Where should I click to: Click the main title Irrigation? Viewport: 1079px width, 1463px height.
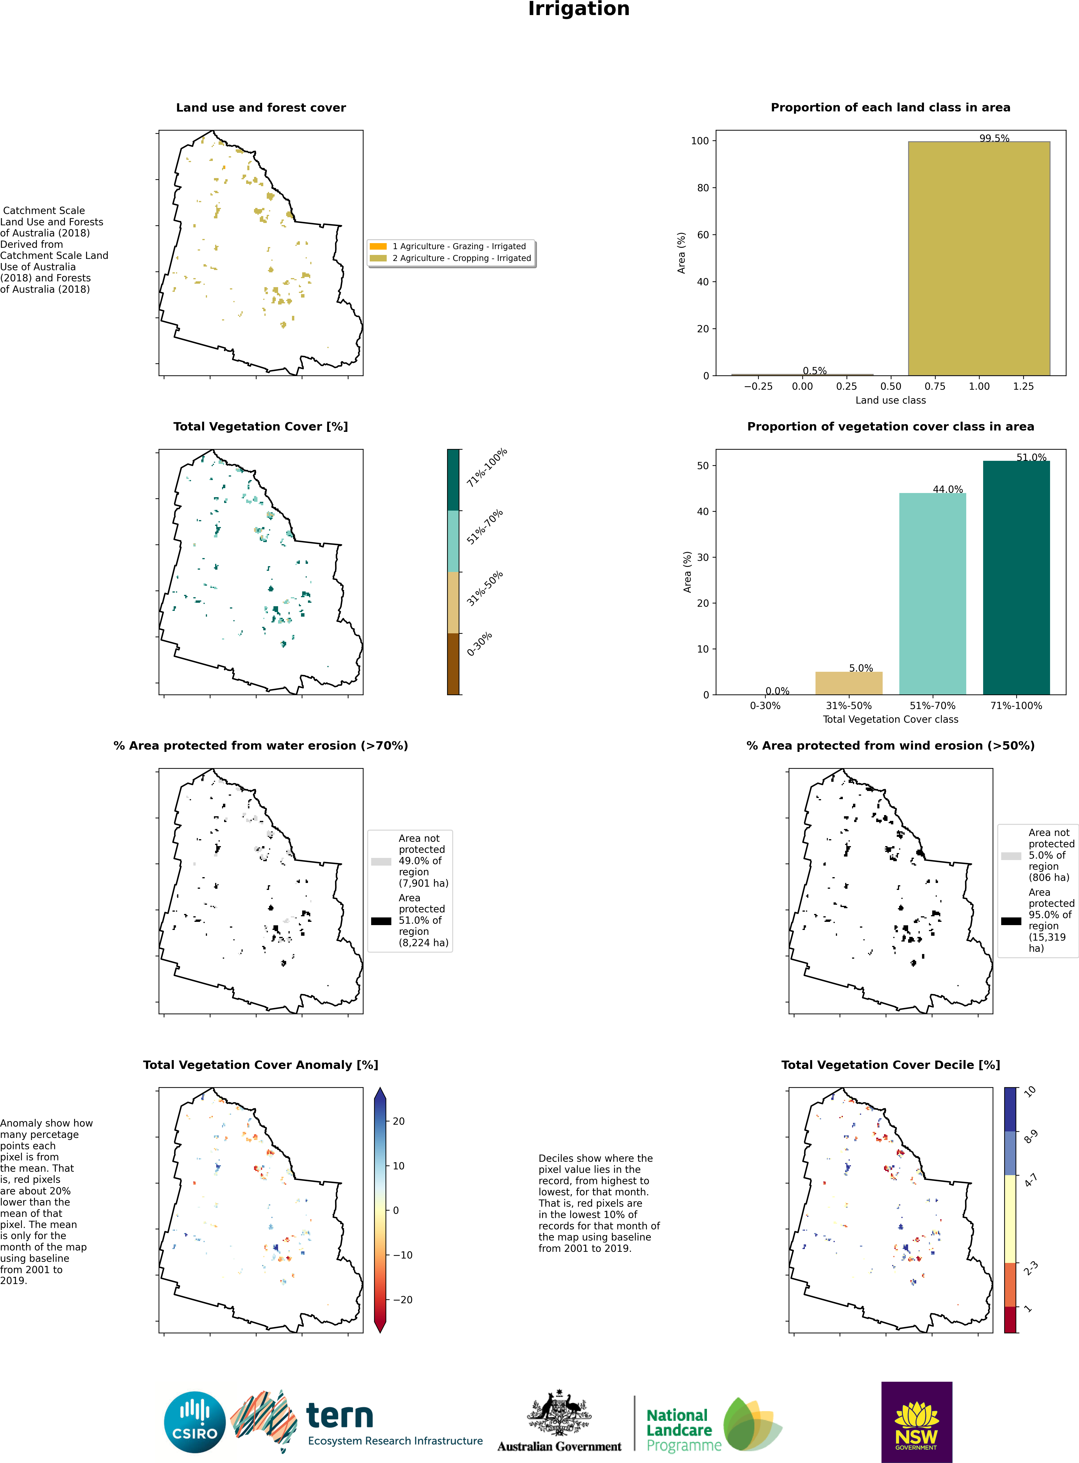coord(579,9)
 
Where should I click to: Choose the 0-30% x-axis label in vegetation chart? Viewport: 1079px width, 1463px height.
coord(765,705)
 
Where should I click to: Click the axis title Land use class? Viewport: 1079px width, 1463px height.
coord(890,400)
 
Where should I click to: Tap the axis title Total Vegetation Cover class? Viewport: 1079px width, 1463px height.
coord(890,719)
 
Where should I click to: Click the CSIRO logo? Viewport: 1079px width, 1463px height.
coord(195,1422)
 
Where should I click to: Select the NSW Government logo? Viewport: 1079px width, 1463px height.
coord(916,1422)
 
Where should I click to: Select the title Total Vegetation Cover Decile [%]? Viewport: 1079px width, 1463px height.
coord(890,1064)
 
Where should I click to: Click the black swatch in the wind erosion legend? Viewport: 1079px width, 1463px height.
coord(1011,921)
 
